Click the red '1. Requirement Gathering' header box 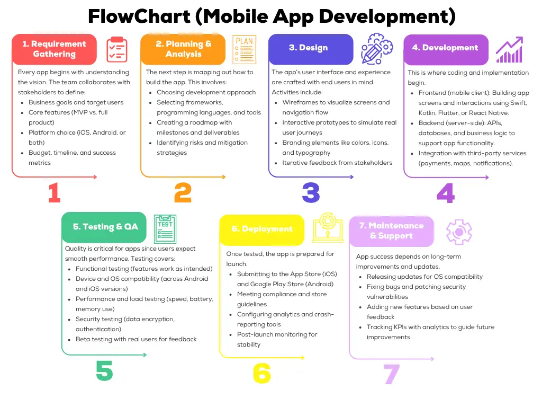[x=54, y=49]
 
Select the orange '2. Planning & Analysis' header [x=183, y=49]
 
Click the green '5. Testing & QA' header [x=105, y=227]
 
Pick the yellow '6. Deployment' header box [x=261, y=229]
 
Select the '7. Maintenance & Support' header [x=391, y=231]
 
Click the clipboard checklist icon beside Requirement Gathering [x=117, y=50]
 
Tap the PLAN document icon [x=244, y=49]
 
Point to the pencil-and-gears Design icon [x=377, y=49]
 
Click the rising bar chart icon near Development [x=509, y=49]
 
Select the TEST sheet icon [x=165, y=229]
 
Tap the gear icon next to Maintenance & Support [x=458, y=232]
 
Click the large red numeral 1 [x=54, y=193]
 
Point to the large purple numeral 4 [x=445, y=193]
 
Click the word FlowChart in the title [x=139, y=16]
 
